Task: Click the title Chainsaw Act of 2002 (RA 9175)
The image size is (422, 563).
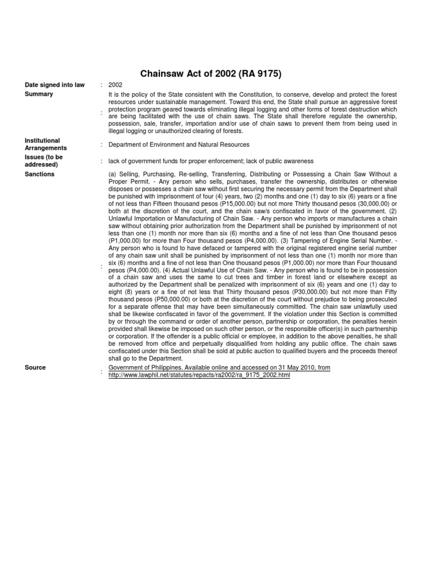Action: tap(212, 73)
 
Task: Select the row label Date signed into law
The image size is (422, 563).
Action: tap(55, 85)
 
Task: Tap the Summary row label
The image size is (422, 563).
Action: tap(39, 94)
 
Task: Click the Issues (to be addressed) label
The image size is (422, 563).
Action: tap(43, 161)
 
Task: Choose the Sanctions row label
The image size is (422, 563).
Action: tap(40, 174)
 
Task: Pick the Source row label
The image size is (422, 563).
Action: tap(35, 367)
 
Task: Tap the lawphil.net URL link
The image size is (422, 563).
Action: tap(199, 375)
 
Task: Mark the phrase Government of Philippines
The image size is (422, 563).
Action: tap(144, 367)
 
